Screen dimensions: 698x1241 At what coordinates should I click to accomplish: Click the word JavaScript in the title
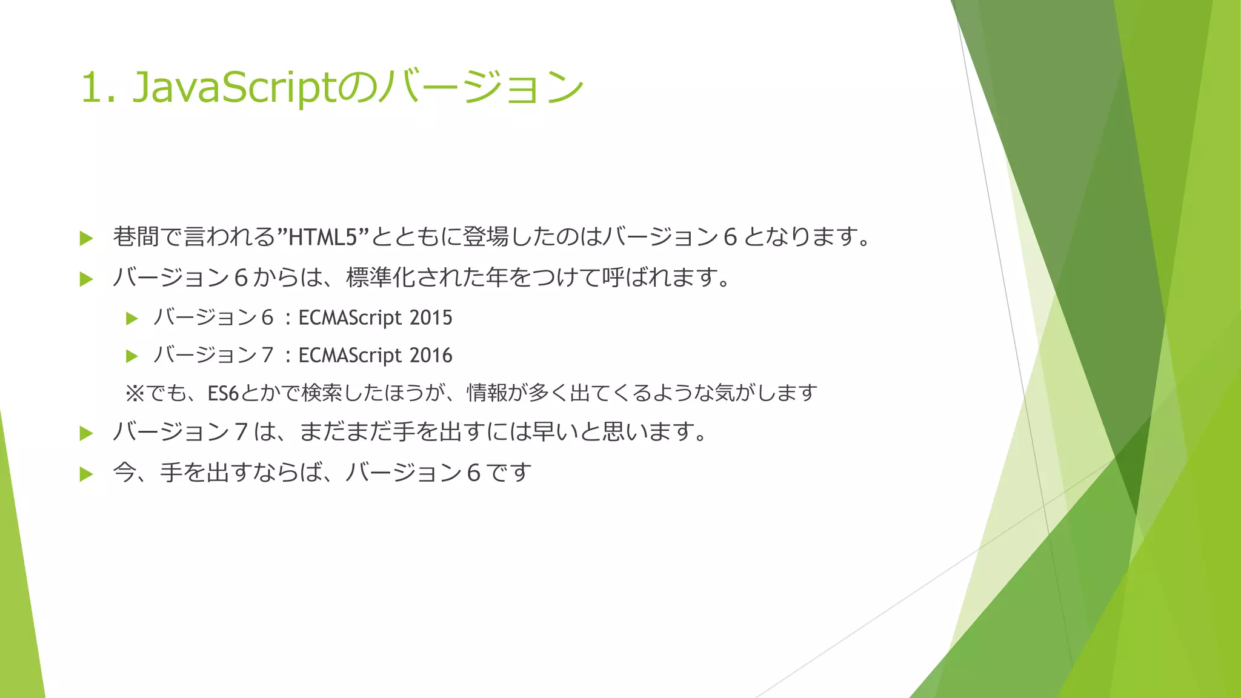(x=233, y=88)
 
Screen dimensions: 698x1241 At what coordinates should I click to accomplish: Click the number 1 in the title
(x=91, y=88)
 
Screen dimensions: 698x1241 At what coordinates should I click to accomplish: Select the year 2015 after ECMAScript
(x=431, y=317)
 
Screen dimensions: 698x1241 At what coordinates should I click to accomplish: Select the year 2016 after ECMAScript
(x=431, y=355)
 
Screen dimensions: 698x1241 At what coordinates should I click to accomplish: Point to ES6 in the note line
(x=223, y=394)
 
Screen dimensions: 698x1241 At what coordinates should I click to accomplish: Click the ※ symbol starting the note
(x=135, y=394)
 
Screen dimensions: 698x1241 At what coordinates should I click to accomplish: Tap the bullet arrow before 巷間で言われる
(x=86, y=238)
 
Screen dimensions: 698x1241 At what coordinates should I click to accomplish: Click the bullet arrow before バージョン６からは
(x=86, y=279)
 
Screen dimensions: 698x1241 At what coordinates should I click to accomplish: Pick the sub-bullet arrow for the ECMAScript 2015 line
(x=131, y=319)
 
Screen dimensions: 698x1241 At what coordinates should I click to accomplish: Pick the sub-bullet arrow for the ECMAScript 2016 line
(x=131, y=356)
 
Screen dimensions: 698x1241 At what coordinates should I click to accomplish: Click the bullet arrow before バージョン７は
(x=86, y=433)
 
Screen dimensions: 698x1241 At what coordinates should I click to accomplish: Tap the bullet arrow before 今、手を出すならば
(x=86, y=474)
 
